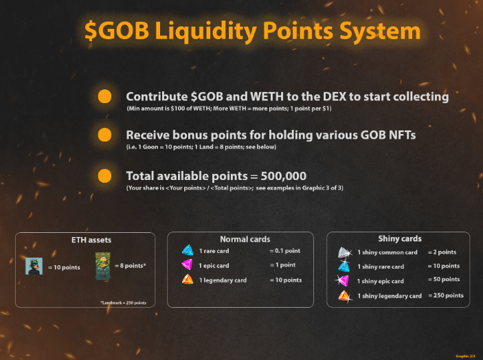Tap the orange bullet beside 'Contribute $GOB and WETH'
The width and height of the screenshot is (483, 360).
104,96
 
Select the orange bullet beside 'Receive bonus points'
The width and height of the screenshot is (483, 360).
104,135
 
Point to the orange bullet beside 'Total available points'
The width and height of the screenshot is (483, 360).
104,175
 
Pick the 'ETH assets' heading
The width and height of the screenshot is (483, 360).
91,240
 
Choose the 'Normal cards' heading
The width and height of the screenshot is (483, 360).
240,239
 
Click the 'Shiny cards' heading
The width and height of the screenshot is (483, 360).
399,239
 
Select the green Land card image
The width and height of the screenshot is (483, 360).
102,266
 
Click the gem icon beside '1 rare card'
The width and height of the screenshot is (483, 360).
188,251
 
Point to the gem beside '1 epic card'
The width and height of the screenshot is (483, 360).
188,265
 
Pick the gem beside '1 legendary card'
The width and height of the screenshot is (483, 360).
188,280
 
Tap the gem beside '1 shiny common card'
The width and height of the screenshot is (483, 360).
345,252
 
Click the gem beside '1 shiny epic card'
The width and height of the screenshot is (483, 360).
344,280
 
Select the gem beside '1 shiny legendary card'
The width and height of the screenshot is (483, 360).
345,295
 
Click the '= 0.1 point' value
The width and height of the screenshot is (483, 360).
284,251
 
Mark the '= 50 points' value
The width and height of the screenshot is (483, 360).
444,280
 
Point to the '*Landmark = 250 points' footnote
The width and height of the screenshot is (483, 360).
128,302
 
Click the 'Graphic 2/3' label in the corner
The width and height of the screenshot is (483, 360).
464,356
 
